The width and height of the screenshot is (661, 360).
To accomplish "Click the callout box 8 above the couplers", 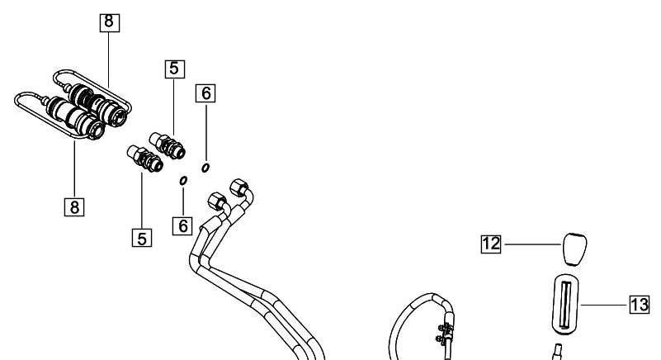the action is pyautogui.click(x=110, y=22).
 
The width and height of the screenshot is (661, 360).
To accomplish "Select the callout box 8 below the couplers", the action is pyautogui.click(x=74, y=206).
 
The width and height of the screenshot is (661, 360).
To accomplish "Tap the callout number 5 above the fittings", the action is pyautogui.click(x=174, y=69).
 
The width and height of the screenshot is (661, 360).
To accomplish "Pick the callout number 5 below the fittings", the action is pyautogui.click(x=142, y=238).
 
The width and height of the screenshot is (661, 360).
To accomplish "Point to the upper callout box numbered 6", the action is pyautogui.click(x=205, y=93).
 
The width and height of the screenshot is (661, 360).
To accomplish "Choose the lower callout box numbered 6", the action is pyautogui.click(x=182, y=225).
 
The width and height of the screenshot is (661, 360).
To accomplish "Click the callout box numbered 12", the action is pyautogui.click(x=491, y=244).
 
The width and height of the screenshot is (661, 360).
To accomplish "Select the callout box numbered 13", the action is pyautogui.click(x=640, y=305).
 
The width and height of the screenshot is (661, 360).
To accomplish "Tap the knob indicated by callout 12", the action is pyautogui.click(x=574, y=249).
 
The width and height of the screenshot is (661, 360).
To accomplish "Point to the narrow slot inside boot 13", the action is pyautogui.click(x=565, y=305).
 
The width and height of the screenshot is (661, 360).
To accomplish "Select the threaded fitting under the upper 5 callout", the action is pyautogui.click(x=168, y=145).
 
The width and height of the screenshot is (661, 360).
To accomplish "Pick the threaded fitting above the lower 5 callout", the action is pyautogui.click(x=145, y=159).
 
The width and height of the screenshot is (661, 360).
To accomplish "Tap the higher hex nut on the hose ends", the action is pyautogui.click(x=239, y=187).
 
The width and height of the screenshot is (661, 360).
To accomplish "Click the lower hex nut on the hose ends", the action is pyautogui.click(x=218, y=201).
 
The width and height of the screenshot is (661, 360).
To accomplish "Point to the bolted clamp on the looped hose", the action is pyautogui.click(x=445, y=332).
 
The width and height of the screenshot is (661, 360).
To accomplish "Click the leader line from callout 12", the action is pyautogui.click(x=532, y=244).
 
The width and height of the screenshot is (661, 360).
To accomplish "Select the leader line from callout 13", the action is pyautogui.click(x=604, y=305).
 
